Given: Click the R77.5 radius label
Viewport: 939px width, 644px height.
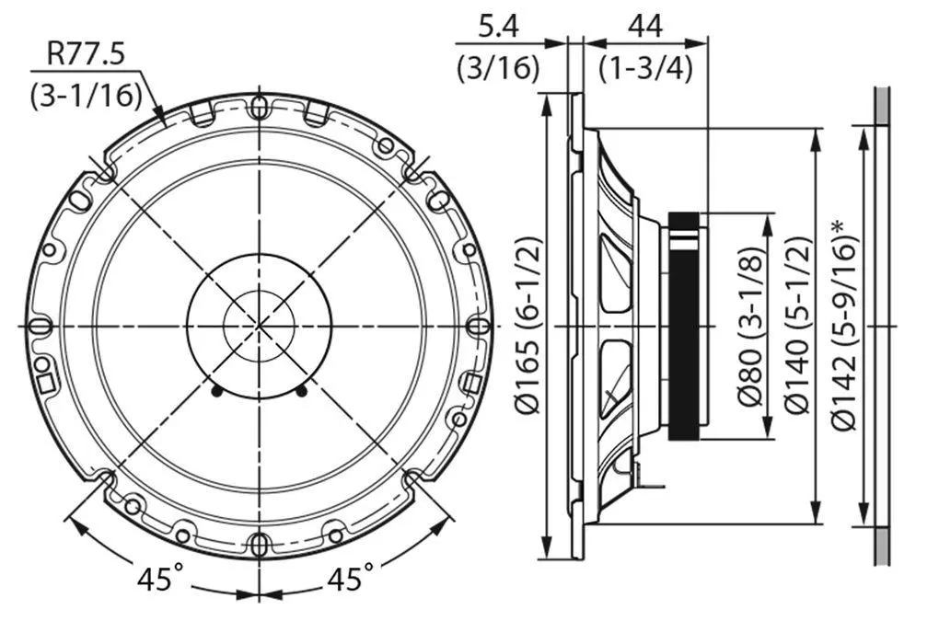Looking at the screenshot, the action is [x=87, y=54].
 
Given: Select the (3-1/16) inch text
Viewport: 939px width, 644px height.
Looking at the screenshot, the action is [x=87, y=95].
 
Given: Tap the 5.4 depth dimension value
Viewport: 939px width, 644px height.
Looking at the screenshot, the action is [x=498, y=27].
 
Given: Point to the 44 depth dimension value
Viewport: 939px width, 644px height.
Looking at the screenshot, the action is [x=645, y=27].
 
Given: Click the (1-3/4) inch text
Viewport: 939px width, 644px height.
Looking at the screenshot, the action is [x=645, y=68].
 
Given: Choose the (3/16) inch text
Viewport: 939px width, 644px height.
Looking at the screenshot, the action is [x=498, y=68].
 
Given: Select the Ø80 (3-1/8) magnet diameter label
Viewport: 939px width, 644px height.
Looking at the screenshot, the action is [x=750, y=327].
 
